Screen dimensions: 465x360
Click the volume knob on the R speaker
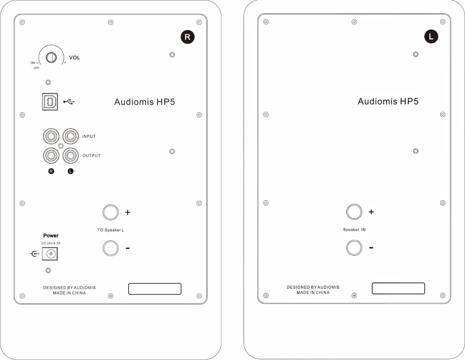(51, 57)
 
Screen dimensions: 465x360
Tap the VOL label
(75, 58)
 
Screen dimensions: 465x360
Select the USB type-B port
(50, 102)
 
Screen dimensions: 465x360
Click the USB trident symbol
(69, 102)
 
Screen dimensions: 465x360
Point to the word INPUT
(89, 136)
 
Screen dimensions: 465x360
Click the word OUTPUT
(91, 156)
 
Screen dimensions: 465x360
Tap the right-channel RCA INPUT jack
(51, 136)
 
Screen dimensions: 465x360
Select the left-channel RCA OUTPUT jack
(70, 155)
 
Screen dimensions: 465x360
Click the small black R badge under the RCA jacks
(51, 171)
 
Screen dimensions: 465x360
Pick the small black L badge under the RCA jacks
(70, 171)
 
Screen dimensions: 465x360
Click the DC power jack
(50, 254)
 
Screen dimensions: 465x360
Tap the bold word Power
(51, 236)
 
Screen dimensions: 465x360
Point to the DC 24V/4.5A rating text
(51, 243)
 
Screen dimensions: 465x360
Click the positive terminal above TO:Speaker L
(111, 212)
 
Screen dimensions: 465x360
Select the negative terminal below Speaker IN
(354, 248)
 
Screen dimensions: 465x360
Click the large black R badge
(188, 37)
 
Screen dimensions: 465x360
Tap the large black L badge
(431, 36)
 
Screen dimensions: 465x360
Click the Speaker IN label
(354, 230)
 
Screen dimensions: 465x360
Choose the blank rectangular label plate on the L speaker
(398, 288)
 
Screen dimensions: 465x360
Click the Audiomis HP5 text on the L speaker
(388, 101)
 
